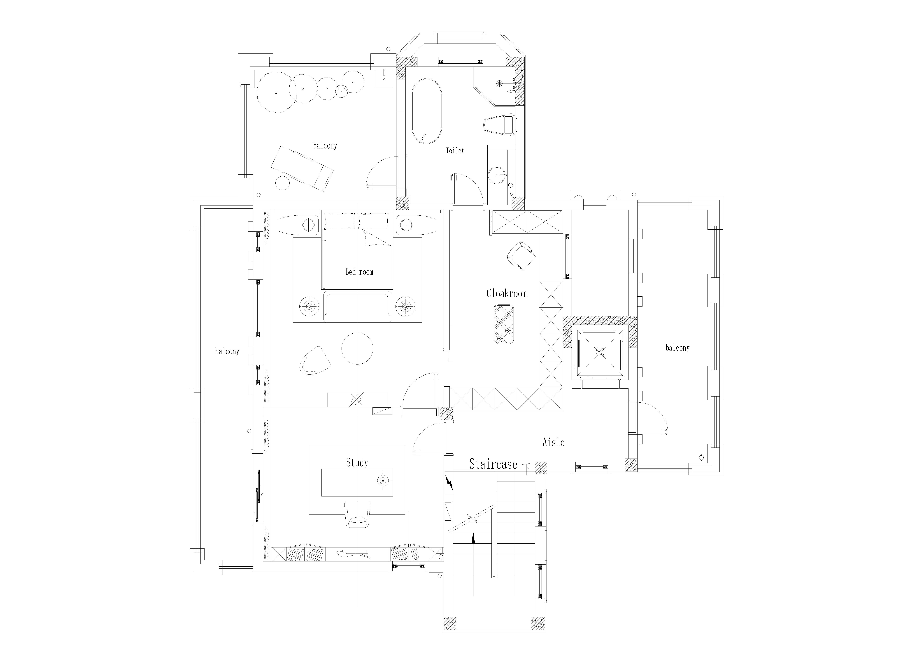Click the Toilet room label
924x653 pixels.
(x=455, y=151)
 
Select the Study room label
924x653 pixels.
(x=357, y=463)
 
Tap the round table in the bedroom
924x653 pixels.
(x=357, y=348)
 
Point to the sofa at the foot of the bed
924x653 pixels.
(x=357, y=308)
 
